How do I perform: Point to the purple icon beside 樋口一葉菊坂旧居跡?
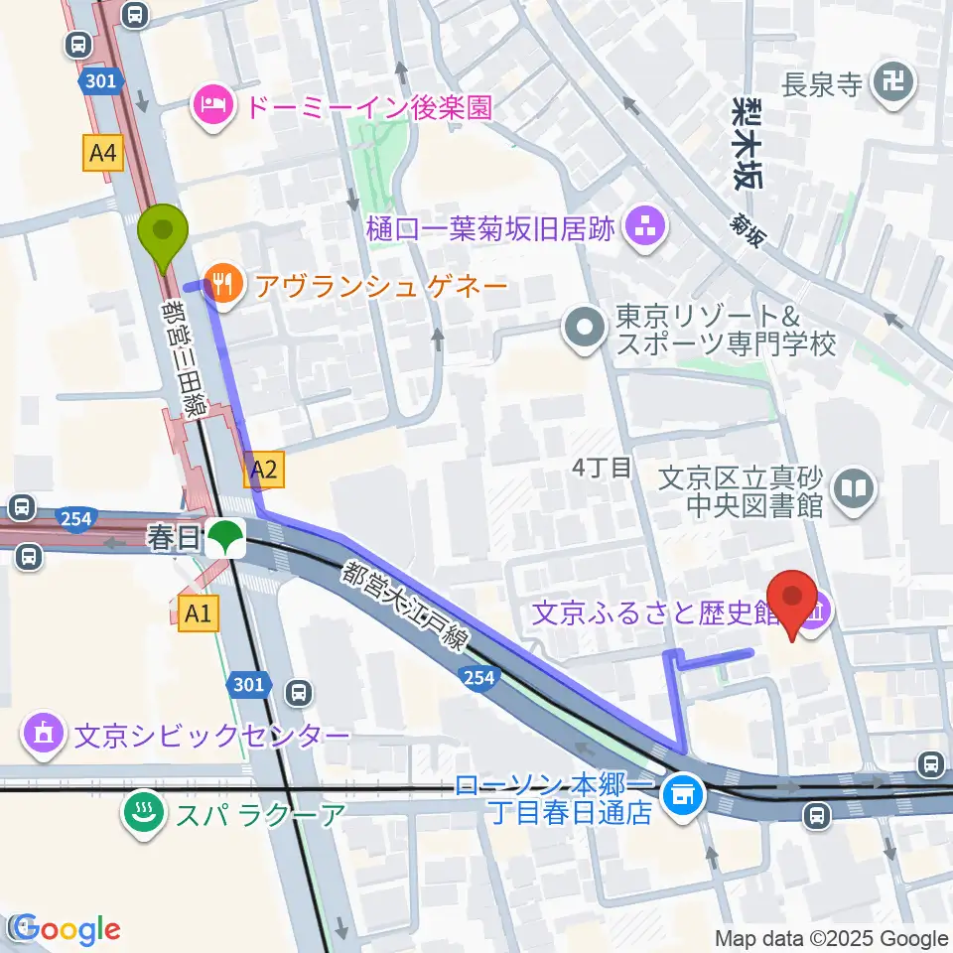[646, 230]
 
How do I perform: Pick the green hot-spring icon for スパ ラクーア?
[142, 815]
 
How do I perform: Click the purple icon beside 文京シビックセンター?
[45, 737]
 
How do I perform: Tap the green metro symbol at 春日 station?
[226, 539]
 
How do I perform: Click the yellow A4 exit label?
[101, 153]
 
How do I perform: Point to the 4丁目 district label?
[603, 467]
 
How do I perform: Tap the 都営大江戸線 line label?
[407, 612]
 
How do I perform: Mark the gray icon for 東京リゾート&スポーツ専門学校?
[585, 329]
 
